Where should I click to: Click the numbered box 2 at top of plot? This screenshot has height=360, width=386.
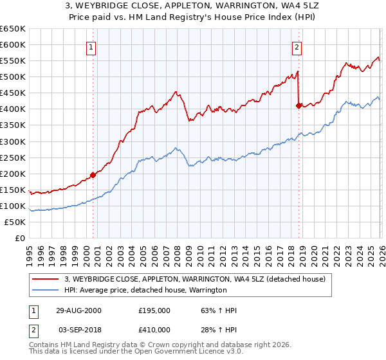(x=297, y=47)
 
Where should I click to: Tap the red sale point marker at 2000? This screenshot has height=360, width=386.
(x=93, y=174)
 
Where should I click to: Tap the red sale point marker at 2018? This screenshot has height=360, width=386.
(x=299, y=105)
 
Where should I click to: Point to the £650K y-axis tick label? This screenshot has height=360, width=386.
(x=13, y=29)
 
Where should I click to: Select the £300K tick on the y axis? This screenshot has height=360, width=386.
(x=13, y=141)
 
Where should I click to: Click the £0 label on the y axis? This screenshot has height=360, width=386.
(x=19, y=238)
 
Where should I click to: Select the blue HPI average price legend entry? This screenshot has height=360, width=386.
(x=146, y=290)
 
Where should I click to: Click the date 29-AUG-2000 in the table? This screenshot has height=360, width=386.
(x=78, y=311)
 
